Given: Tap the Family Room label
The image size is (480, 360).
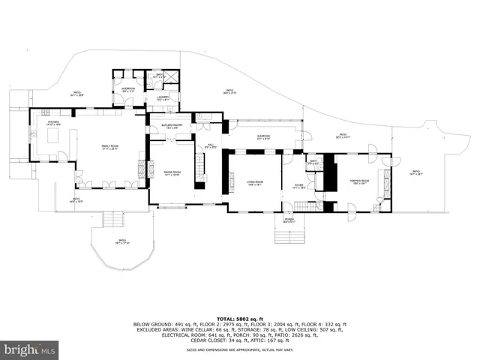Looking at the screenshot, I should click(112, 148).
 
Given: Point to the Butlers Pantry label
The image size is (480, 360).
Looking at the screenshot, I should click(171, 127).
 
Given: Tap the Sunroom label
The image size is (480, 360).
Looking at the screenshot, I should click(262, 137).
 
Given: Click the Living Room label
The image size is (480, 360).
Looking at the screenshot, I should click(255, 182).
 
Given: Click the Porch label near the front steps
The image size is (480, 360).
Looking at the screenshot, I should click(289, 221).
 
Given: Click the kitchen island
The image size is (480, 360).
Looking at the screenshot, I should click(52, 136).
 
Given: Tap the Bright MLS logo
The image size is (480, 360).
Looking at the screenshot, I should click(30, 349).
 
